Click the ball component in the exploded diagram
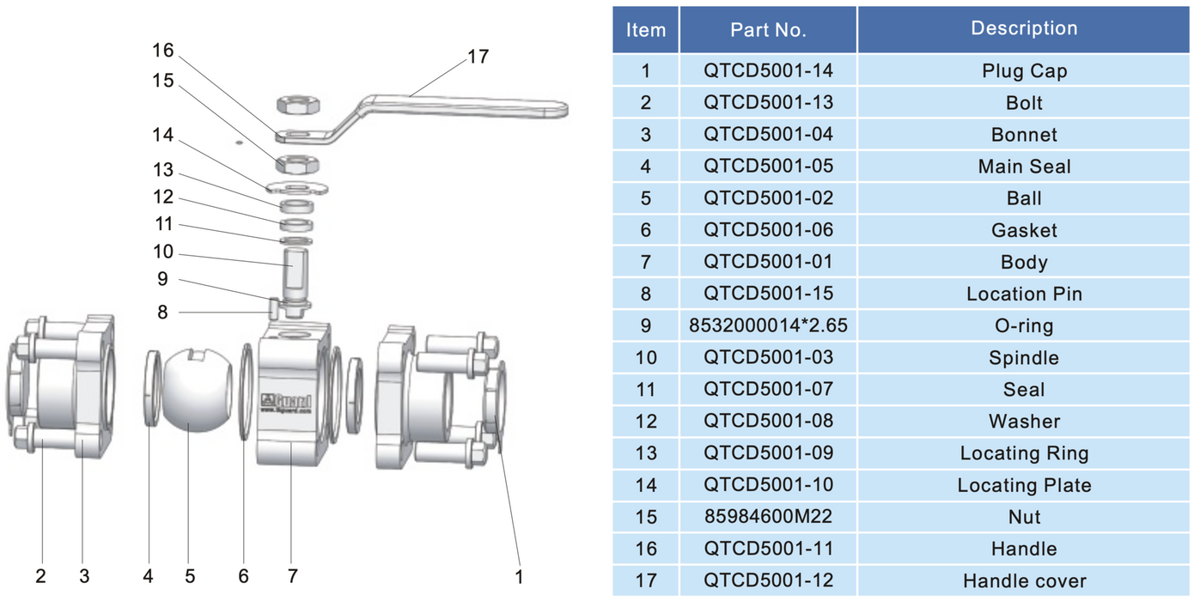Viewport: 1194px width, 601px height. (194, 388)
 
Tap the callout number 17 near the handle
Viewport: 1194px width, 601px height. (478, 57)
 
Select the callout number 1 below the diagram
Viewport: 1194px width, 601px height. (518, 576)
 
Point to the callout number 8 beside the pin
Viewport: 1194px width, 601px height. (162, 312)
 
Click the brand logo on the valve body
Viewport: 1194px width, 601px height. (287, 400)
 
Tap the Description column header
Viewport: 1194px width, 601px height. (1024, 28)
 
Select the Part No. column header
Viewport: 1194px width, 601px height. (768, 30)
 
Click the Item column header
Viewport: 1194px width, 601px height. (646, 30)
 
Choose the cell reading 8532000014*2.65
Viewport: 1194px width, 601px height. (768, 325)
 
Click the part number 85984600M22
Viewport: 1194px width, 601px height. (768, 516)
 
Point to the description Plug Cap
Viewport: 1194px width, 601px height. (1024, 70)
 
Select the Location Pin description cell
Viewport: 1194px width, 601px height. (1024, 294)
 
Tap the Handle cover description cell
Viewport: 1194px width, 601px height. (1024, 580)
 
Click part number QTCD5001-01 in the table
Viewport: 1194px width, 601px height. (768, 262)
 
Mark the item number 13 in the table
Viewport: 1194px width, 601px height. (646, 452)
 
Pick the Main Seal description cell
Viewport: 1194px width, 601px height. (1024, 166)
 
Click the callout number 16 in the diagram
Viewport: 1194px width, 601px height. (162, 50)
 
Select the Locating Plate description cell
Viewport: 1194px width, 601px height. (1024, 485)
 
